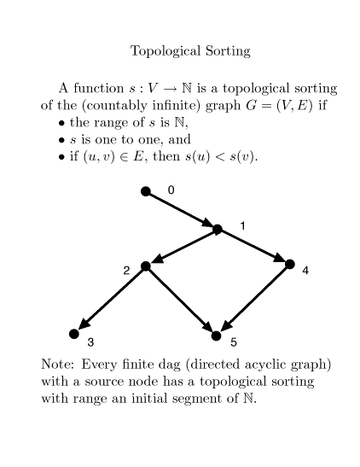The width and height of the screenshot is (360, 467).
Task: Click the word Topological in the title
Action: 165,51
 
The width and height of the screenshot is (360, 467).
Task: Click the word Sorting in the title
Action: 228,51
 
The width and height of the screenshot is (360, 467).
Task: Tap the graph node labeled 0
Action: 146,191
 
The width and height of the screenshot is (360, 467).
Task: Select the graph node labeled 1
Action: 218,229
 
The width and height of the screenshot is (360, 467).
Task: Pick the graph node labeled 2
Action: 146,266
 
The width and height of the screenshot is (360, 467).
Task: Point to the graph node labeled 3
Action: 74,334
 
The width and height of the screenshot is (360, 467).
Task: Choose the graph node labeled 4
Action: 290,264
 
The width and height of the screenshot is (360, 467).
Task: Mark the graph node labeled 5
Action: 217,336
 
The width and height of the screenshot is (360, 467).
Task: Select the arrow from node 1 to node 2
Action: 182,248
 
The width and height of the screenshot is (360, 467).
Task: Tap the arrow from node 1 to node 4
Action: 253,247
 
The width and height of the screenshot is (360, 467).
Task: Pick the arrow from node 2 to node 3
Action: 110,300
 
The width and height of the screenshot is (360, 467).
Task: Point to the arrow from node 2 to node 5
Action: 181,301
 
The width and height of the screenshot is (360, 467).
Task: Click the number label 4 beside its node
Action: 305,271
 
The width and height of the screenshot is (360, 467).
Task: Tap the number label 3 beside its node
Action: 90,342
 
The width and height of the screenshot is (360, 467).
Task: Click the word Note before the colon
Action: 55,365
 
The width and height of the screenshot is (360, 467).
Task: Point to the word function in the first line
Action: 98,88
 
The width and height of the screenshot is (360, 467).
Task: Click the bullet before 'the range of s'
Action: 61,123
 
